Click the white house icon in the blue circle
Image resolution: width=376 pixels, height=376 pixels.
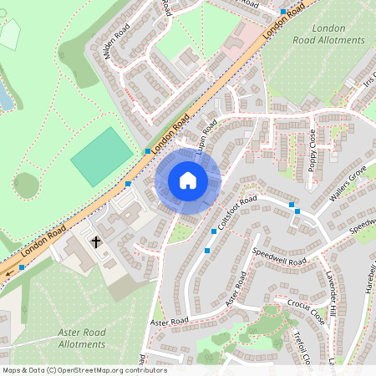(188, 180)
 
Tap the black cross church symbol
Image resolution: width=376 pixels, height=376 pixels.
(96, 242)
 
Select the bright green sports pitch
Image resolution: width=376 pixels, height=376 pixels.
(101, 156)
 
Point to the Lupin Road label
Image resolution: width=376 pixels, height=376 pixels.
(206, 135)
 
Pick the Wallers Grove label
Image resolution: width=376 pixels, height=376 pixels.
(348, 184)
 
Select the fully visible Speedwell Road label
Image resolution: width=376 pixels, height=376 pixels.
(279, 255)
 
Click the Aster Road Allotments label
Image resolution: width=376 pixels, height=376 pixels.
(70, 338)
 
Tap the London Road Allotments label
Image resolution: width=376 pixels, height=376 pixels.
(329, 33)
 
